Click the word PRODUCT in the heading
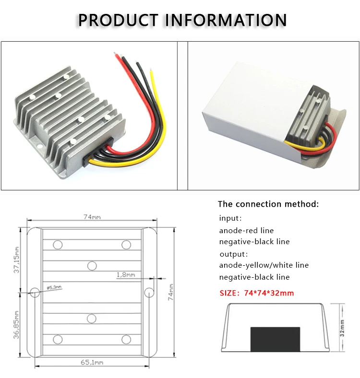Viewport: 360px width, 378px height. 118,20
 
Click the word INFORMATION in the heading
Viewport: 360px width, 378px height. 226,20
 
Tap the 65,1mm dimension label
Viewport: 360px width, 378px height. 92,362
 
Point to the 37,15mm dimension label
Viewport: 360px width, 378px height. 16,260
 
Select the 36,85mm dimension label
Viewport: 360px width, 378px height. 16,325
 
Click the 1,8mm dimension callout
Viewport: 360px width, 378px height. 126,274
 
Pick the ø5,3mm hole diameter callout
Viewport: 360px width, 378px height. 54,287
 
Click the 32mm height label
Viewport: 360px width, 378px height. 342,328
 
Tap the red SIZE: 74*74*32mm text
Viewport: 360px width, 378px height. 257,293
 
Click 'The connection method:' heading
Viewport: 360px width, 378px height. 268,204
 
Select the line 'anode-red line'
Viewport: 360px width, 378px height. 246,230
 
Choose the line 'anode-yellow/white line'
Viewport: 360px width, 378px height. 264,265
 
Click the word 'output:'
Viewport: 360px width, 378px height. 234,254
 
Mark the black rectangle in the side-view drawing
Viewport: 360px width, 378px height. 276,339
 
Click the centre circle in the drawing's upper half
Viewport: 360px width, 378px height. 92,266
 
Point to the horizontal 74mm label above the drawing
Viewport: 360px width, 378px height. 92,217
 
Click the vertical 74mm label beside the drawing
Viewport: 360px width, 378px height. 170,292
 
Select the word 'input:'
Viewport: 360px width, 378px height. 230,218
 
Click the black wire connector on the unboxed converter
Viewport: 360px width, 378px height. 98,153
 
